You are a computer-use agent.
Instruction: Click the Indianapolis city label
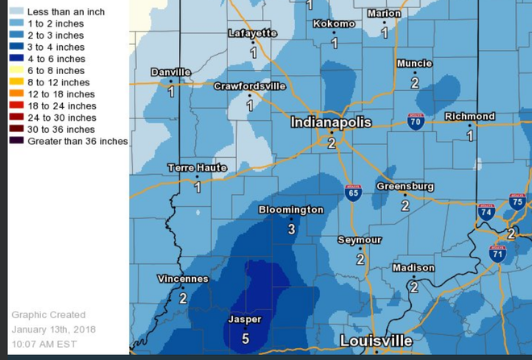(x=331, y=122)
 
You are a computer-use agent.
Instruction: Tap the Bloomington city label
(x=291, y=209)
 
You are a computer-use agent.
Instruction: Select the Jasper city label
(x=245, y=320)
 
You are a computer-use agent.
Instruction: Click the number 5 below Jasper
(x=245, y=339)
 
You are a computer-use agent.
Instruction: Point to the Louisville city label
(x=376, y=341)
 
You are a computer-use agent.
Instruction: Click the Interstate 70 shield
(x=416, y=122)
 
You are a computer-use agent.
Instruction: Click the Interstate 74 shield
(x=486, y=213)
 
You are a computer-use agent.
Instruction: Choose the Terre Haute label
(x=197, y=168)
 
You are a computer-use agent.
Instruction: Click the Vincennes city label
(x=183, y=279)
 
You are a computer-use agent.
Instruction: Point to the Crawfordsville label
(x=250, y=86)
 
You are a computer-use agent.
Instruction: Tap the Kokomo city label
(x=333, y=23)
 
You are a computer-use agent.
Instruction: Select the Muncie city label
(x=414, y=64)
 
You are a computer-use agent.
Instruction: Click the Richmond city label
(x=469, y=117)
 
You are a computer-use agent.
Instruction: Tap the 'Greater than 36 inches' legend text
(x=77, y=141)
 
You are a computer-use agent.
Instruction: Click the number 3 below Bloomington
(x=292, y=229)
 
